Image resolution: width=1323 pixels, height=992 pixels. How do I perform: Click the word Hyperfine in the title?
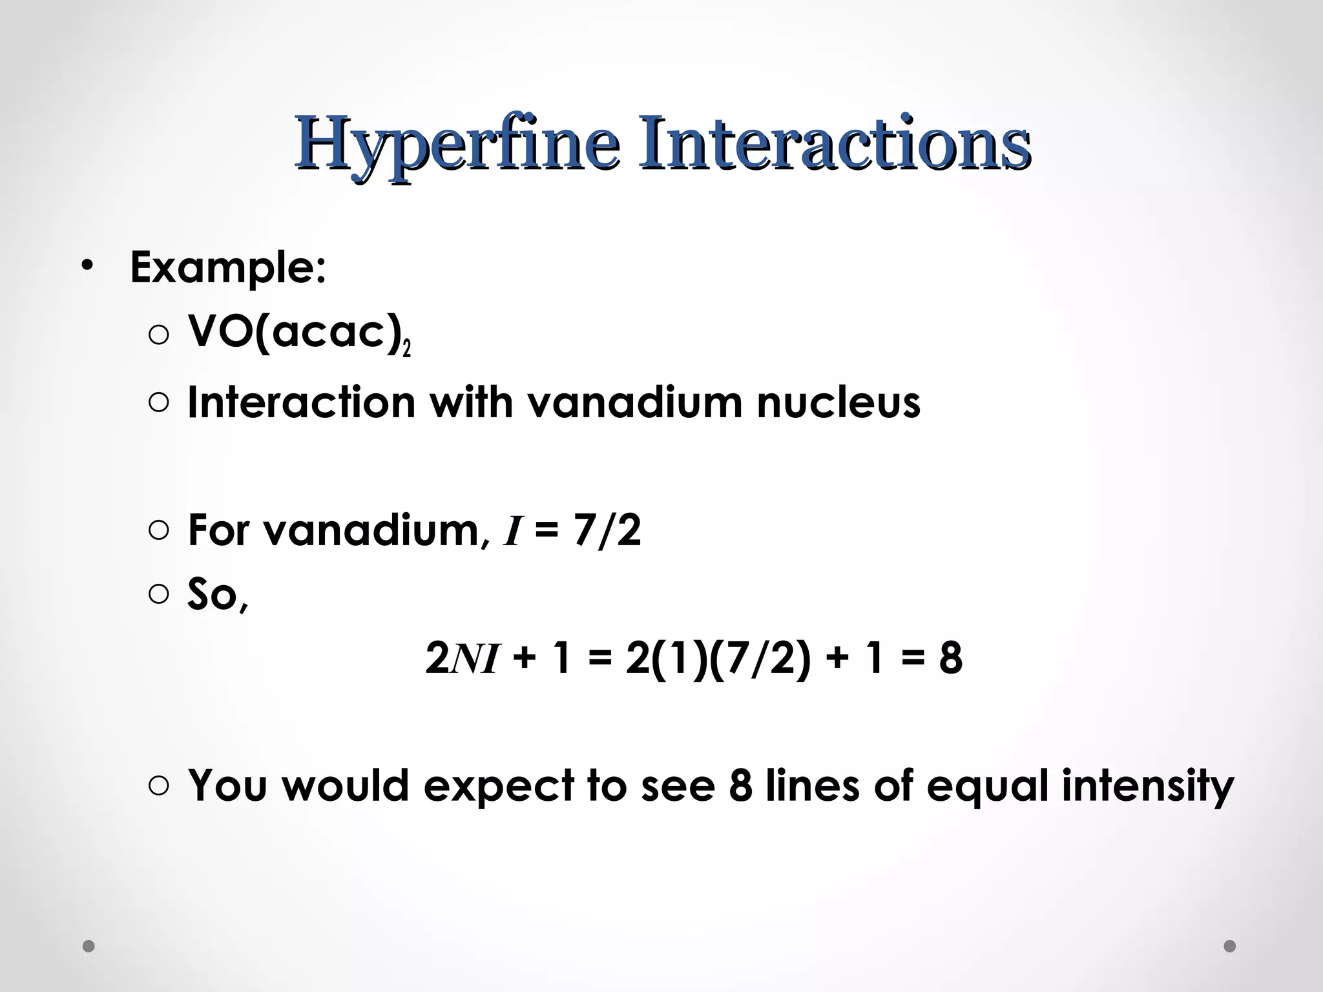point(457,143)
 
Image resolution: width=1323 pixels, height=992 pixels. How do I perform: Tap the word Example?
point(228,267)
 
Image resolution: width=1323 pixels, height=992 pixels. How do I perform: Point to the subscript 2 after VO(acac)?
point(406,349)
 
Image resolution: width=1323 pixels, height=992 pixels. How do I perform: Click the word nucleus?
point(838,402)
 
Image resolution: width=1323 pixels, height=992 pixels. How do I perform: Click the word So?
point(217,594)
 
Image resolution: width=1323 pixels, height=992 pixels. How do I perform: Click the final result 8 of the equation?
point(950,659)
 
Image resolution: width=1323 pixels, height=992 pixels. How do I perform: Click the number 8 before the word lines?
point(741,786)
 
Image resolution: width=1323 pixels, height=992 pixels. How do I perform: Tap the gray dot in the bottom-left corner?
point(89,946)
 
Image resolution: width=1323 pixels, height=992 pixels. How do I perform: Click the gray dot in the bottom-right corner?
point(1230,946)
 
